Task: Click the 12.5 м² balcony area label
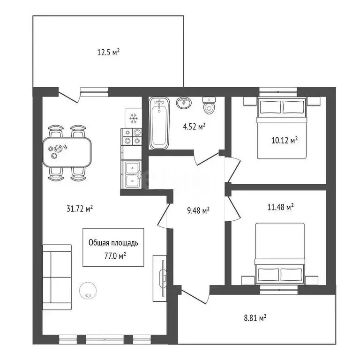coord(108,52)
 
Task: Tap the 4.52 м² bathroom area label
coord(194,127)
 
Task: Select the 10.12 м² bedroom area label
coord(285,140)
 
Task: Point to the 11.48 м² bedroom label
coord(281,207)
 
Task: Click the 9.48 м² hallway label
coord(198,210)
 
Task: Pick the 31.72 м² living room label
coord(80,209)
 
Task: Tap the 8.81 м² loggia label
coord(255,318)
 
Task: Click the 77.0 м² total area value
coord(115,255)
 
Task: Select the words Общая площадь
coord(113,243)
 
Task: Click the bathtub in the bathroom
coord(159,123)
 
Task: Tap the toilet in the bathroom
coord(209,105)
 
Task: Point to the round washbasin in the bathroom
coord(184,102)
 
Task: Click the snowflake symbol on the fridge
coord(133,119)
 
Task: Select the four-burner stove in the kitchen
coord(131,136)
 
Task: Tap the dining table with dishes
coord(67,152)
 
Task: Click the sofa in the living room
coord(57,277)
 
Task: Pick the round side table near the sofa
coord(88,290)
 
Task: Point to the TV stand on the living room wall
coord(160,278)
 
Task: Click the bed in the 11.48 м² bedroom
coord(280,254)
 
